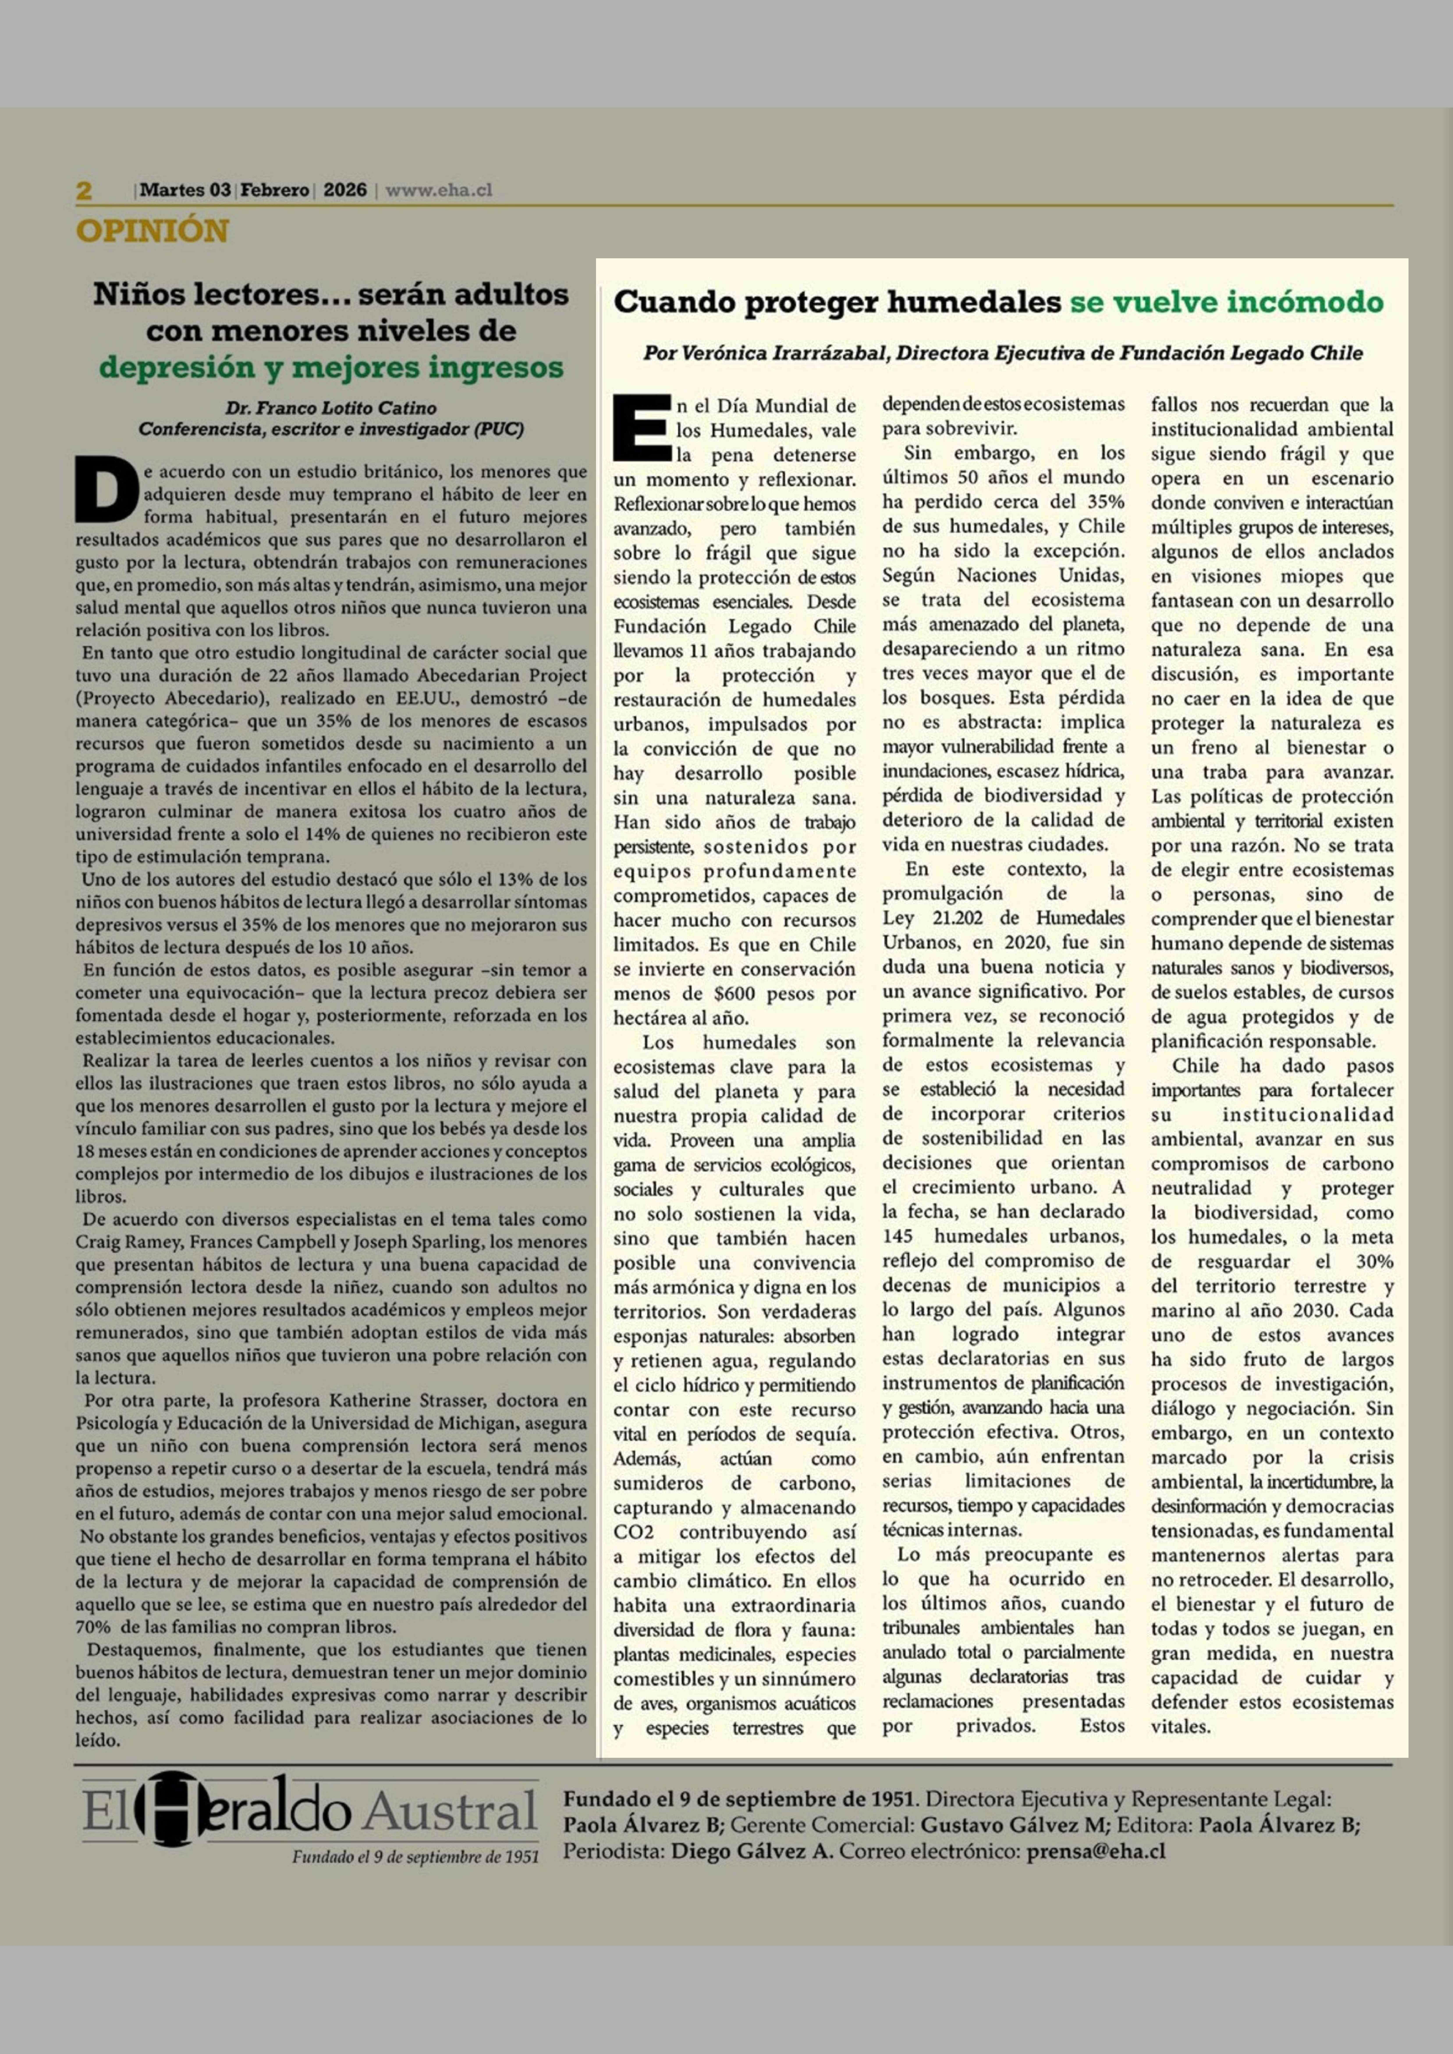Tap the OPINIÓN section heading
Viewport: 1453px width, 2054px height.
(152, 231)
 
